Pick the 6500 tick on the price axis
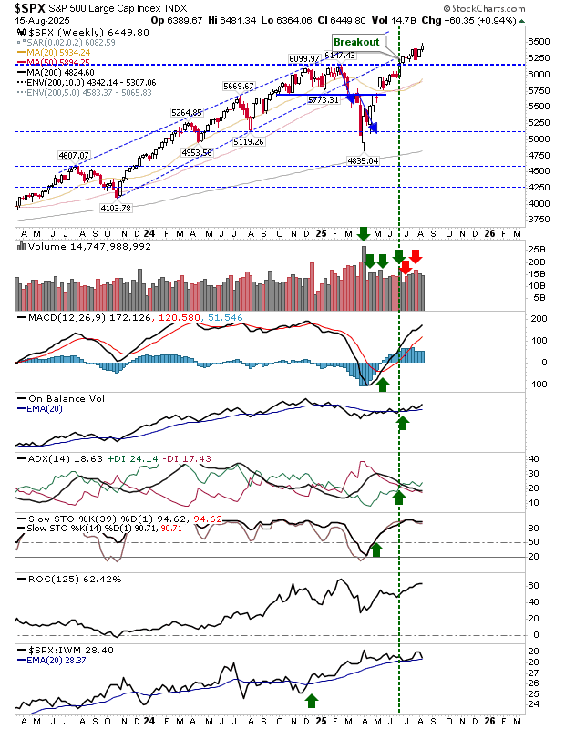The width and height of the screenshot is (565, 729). click(538, 41)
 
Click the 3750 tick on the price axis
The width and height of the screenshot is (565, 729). click(538, 219)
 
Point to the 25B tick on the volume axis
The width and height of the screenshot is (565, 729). click(536, 249)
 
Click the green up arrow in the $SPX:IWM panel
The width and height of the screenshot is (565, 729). click(312, 700)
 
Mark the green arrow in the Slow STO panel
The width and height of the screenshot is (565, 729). click(376, 549)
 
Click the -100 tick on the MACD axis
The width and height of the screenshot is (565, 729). click(537, 384)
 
